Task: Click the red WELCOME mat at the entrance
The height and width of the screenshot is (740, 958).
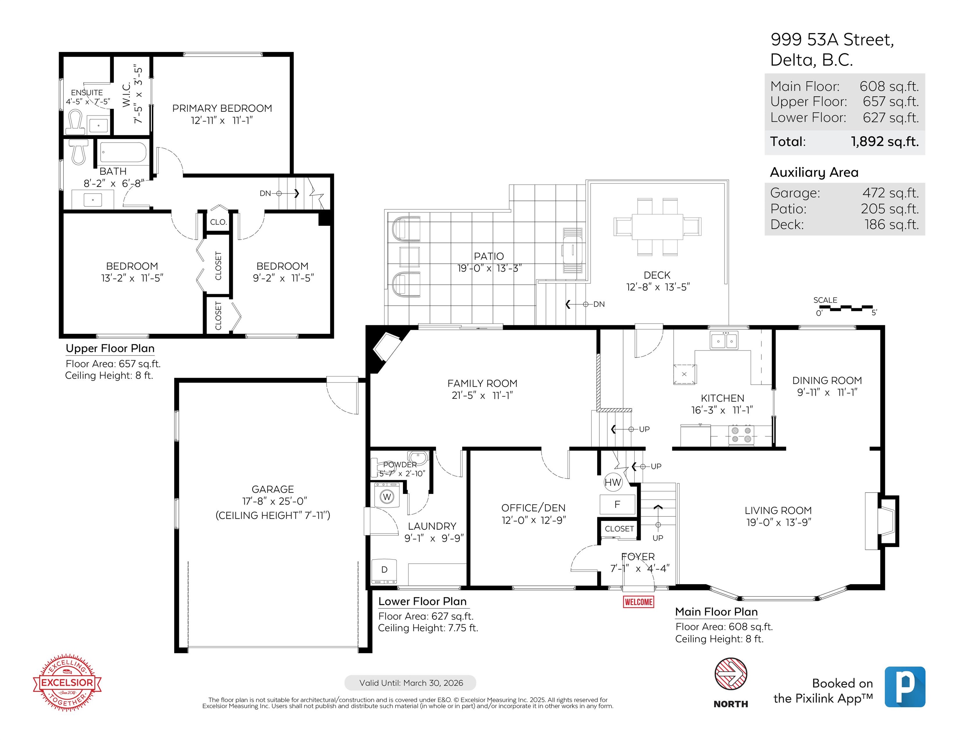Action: point(638,602)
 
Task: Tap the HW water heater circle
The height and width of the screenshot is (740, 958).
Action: point(613,482)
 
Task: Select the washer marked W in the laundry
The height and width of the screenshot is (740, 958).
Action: point(387,496)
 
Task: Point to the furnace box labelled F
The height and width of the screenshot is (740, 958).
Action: point(617,504)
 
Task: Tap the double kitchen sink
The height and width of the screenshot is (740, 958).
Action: point(724,340)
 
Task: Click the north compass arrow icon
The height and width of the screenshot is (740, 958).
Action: point(731,674)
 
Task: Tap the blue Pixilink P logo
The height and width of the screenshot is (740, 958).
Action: point(905,687)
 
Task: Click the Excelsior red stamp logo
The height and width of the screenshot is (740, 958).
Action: point(67,683)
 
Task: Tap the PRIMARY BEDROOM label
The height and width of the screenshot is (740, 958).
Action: point(222,108)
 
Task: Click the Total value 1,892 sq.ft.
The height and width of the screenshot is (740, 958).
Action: point(885,142)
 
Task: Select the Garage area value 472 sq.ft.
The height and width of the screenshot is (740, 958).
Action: point(891,193)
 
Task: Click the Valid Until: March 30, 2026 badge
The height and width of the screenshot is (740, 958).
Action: point(411,683)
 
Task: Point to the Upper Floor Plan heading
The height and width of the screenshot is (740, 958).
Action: point(110,348)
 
